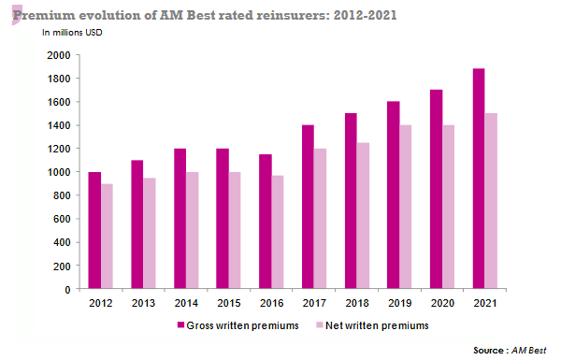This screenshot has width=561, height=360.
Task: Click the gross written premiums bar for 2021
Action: (480, 179)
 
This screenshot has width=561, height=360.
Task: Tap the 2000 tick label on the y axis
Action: (59, 55)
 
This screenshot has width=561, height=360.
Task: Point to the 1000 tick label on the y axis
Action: (59, 172)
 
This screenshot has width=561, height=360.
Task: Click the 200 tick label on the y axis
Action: (63, 266)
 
